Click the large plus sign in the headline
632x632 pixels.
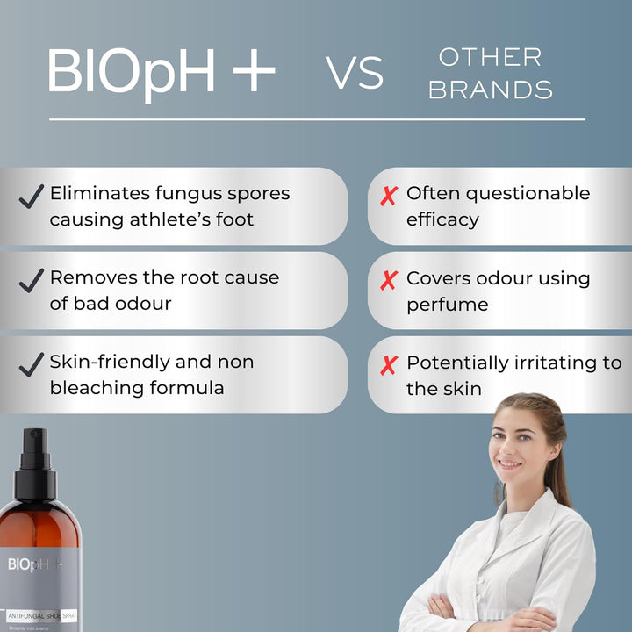click(254, 71)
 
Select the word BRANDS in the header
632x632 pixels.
click(491, 90)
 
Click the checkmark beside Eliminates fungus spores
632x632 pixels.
click(32, 197)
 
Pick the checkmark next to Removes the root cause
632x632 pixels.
click(32, 281)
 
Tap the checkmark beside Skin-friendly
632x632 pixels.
click(32, 365)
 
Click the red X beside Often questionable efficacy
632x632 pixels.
click(389, 197)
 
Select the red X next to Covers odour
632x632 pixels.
click(389, 281)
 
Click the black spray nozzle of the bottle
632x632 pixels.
click(35, 456)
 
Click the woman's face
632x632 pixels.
click(519, 436)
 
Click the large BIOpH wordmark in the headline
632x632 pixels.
click(132, 71)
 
